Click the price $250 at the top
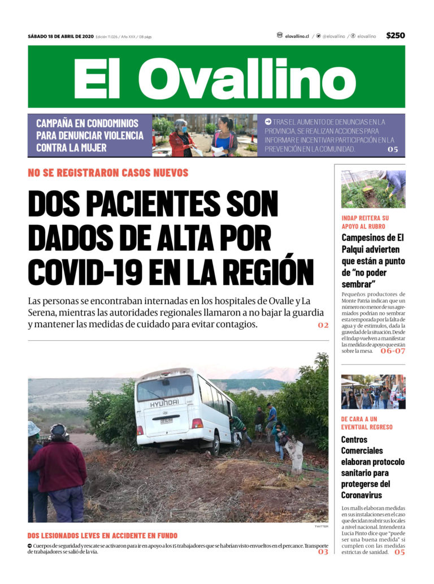click(395, 36)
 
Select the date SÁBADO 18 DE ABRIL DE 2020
click(60, 36)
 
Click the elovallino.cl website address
click(297, 36)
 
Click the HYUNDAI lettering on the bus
click(164, 404)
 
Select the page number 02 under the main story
click(323, 325)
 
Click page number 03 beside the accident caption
click(323, 551)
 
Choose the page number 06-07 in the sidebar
click(393, 351)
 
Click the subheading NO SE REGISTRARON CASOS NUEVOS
click(108, 173)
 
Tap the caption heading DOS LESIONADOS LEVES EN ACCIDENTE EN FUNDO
click(102, 535)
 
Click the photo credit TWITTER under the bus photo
click(321, 526)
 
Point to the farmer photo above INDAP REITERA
click(373, 189)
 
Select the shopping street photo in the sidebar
click(373, 391)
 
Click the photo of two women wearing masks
click(205, 136)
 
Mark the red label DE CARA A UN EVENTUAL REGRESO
click(367, 423)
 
